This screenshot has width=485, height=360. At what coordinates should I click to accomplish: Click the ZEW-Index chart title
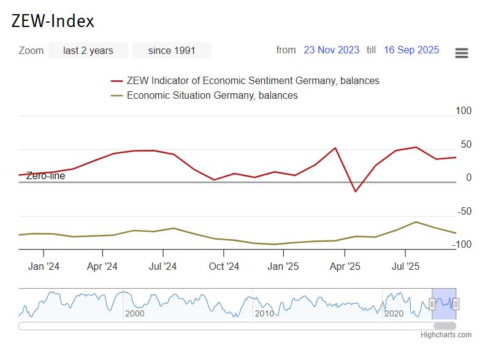[x=53, y=21]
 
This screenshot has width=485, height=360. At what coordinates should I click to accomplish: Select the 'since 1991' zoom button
[x=172, y=50]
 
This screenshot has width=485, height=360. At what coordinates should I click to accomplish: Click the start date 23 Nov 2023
[x=331, y=50]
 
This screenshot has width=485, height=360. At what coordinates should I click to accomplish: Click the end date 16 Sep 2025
[x=411, y=50]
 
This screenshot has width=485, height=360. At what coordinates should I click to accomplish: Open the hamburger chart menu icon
[x=462, y=53]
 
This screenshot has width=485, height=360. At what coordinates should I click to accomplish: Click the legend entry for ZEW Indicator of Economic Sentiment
[x=253, y=80]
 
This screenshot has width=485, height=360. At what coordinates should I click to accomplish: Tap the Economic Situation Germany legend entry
[x=212, y=95]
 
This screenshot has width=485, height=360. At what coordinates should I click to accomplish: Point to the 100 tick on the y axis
[x=464, y=111]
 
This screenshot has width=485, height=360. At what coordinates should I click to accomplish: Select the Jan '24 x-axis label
[x=44, y=266]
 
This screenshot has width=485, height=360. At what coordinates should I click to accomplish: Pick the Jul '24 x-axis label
[x=162, y=266]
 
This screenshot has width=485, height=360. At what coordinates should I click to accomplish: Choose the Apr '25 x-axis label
[x=345, y=266]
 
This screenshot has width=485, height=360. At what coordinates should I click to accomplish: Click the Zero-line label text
[x=45, y=176]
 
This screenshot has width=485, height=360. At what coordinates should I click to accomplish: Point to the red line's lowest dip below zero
[x=354, y=191]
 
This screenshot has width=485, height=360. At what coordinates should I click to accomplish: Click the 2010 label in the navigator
[x=264, y=313]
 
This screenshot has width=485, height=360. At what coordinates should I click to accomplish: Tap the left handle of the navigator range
[x=432, y=304]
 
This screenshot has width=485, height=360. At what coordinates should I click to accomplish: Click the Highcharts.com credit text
[x=446, y=335]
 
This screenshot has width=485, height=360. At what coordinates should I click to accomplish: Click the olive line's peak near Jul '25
[x=416, y=222]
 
